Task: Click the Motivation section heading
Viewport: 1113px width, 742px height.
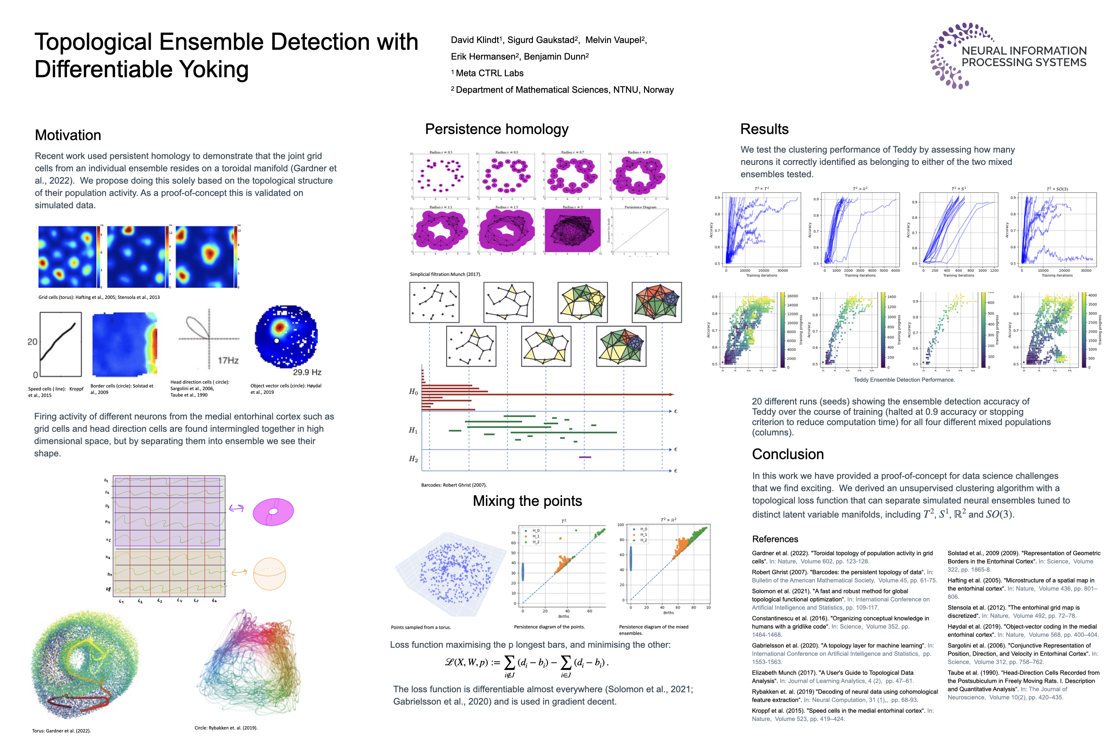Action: [x=68, y=135]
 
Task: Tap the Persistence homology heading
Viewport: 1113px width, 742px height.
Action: [x=496, y=129]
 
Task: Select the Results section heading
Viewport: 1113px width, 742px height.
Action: [x=764, y=129]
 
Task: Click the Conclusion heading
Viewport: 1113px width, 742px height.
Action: [x=788, y=454]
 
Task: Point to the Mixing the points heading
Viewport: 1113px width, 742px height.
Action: [x=527, y=501]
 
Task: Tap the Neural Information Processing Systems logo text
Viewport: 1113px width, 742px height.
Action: [x=1024, y=56]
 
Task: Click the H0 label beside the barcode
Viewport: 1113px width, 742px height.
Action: [x=413, y=392]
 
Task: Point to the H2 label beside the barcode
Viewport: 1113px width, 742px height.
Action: [x=413, y=459]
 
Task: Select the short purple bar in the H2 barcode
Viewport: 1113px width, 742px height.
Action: [x=585, y=457]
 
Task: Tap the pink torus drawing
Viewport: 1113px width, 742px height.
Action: [x=273, y=511]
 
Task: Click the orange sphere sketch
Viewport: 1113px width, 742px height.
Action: [x=269, y=574]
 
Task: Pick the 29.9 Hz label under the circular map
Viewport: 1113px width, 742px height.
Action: [x=307, y=372]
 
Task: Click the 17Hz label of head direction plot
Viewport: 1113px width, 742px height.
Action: [x=228, y=361]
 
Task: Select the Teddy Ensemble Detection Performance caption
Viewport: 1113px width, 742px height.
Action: [x=904, y=380]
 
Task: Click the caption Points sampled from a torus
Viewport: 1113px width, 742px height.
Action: [x=421, y=627]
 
